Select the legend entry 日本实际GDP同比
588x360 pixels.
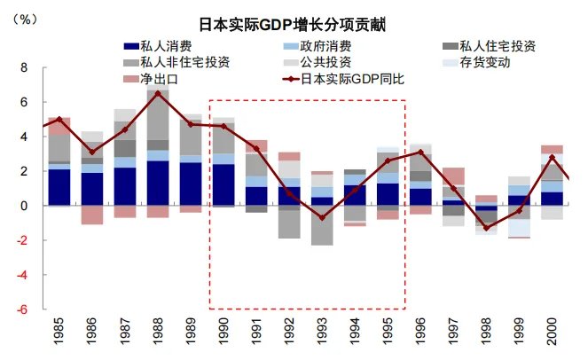click(352, 78)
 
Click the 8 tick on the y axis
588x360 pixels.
click(24, 67)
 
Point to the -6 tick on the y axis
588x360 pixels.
click(21, 309)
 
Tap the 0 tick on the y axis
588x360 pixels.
click(24, 206)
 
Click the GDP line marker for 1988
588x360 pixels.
click(158, 93)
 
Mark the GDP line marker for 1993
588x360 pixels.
click(322, 217)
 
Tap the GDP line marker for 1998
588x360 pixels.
click(486, 228)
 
